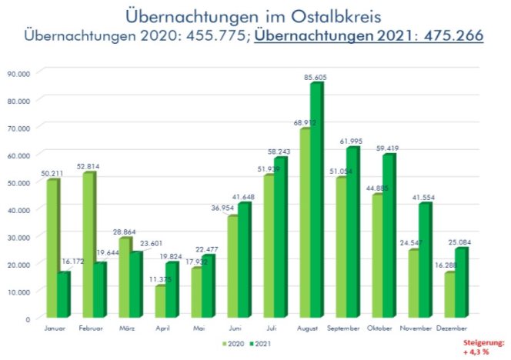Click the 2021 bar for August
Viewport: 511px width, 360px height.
pyautogui.click(x=316, y=200)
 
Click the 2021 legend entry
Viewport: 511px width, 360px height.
pyautogui.click(x=262, y=343)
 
